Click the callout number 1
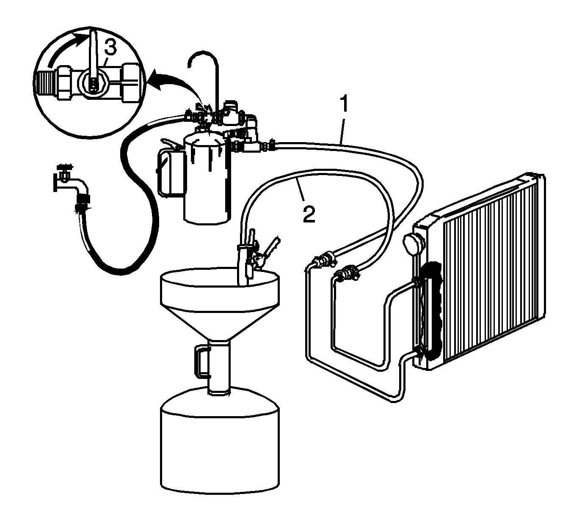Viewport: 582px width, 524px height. [x=344, y=105]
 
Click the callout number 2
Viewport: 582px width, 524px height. [x=309, y=214]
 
